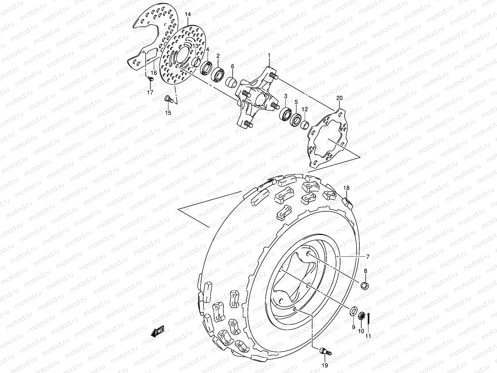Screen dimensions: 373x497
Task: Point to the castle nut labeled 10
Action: click(361, 317)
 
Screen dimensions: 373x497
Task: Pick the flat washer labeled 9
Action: click(353, 311)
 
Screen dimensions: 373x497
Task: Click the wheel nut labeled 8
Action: click(365, 285)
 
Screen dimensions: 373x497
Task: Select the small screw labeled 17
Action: click(151, 81)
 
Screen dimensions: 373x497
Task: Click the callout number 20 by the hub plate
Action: click(339, 98)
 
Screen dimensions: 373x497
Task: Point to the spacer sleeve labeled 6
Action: click(231, 83)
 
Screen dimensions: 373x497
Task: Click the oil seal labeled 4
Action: click(206, 68)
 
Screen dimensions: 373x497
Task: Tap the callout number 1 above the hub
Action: click(278, 56)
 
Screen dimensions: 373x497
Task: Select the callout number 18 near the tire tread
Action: click(346, 188)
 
